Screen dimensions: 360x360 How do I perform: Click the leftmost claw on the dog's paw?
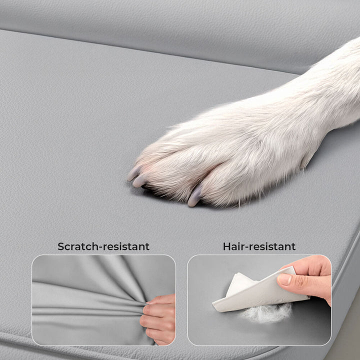pyautogui.click(x=133, y=173)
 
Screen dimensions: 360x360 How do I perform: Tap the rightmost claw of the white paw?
pyautogui.click(x=194, y=195)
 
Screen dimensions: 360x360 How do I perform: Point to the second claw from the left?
pyautogui.click(x=140, y=180)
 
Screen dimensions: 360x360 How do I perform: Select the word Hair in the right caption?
pyautogui.click(x=233, y=246)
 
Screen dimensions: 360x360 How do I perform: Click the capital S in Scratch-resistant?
pyautogui.click(x=61, y=246)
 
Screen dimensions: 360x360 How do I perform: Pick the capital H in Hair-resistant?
pyautogui.click(x=226, y=246)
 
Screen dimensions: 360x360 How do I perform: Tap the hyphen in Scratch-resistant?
pyautogui.click(x=98, y=247)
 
